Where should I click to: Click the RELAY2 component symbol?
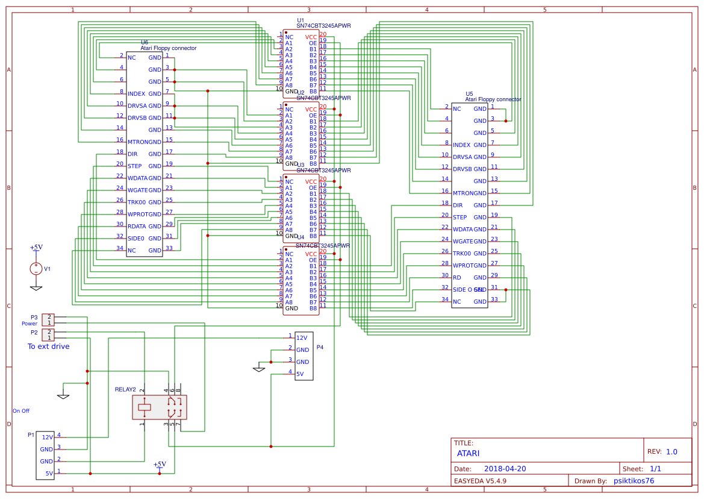tap(160, 407)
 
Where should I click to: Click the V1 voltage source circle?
tap(36, 269)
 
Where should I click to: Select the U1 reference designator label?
tap(301, 20)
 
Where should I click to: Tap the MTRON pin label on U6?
tap(137, 142)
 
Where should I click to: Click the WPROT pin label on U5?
tap(463, 265)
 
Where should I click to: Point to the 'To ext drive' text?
tap(48, 347)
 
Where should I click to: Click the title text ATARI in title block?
tap(468, 453)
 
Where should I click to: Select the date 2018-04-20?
tap(505, 468)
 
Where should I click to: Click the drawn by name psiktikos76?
tap(633, 480)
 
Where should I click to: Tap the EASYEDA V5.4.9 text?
tap(480, 481)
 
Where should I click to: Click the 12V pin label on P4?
tap(302, 337)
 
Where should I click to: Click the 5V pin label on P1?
tap(49, 473)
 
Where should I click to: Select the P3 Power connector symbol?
tap(48, 319)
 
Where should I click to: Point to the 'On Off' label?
tap(21, 410)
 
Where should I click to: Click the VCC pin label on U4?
tap(311, 254)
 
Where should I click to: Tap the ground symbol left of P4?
tap(259, 369)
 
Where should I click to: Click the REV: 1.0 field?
tap(662, 451)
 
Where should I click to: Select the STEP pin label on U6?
tap(134, 166)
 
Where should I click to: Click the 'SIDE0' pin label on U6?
tap(136, 238)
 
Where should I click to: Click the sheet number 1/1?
tap(655, 468)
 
